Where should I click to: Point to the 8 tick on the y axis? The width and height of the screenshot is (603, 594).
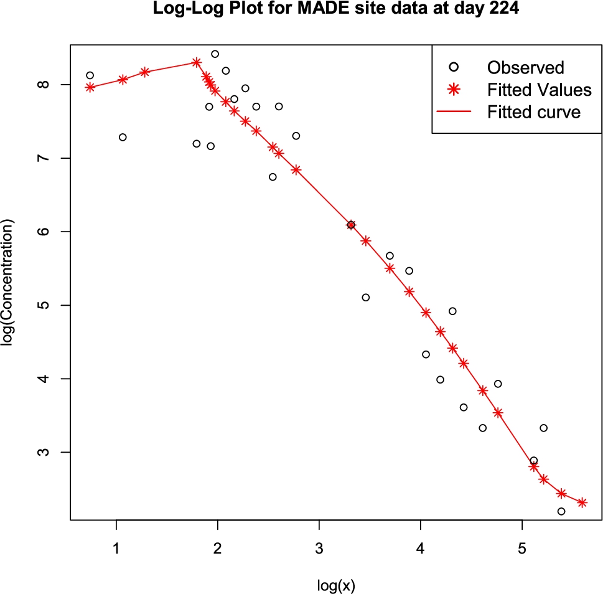(47, 85)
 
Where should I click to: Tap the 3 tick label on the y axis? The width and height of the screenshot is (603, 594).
(47, 452)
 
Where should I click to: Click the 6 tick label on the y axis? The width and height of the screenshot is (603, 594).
(47, 232)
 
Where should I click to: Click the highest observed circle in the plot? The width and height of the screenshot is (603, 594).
(215, 54)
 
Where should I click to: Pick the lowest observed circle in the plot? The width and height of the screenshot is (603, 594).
(561, 511)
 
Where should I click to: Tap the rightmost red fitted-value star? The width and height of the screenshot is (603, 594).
(582, 502)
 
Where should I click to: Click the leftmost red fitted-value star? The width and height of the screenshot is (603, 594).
(90, 87)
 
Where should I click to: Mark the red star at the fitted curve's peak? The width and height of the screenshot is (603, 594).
(197, 62)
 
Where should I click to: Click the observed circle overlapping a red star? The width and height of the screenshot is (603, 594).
(351, 225)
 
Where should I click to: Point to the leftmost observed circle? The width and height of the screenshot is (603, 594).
(90, 75)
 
